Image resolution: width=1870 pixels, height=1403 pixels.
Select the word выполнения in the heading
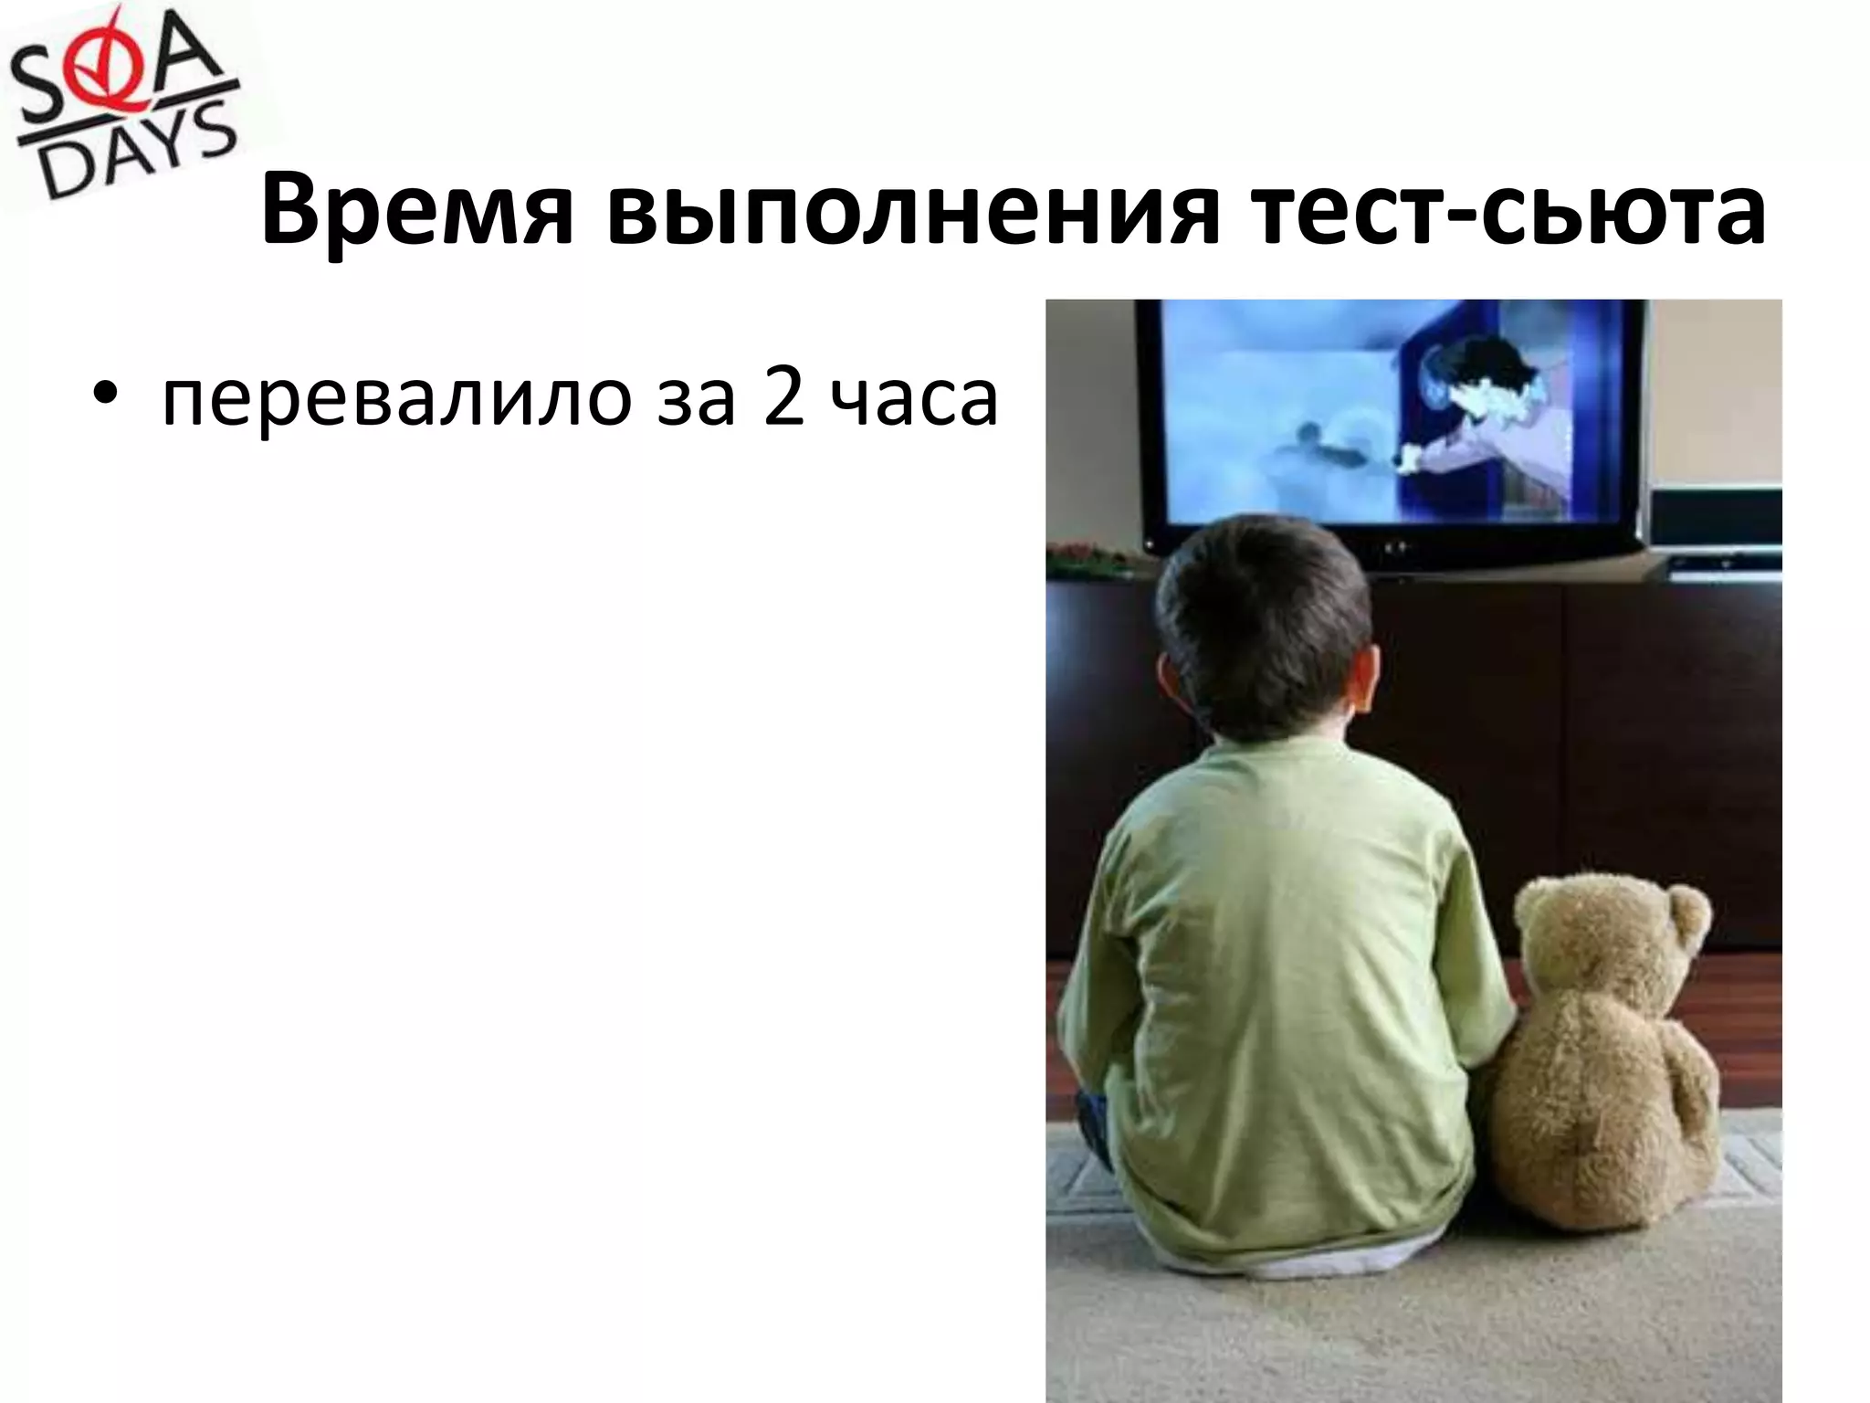tap(912, 215)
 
